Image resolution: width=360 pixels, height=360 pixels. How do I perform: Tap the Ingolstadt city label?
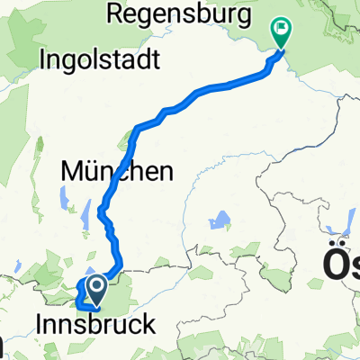coord(100,61)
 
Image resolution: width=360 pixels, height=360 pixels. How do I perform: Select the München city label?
coord(116,169)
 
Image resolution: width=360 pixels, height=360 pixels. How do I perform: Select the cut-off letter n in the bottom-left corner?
coord(3,346)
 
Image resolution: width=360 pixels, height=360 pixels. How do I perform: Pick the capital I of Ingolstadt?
coord(44,61)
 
